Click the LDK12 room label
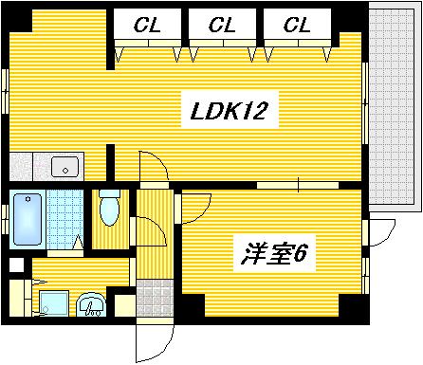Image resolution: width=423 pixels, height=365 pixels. tap(229, 114)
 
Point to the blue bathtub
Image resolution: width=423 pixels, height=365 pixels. tap(25, 221)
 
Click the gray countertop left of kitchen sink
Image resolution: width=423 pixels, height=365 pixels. tap(23, 166)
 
